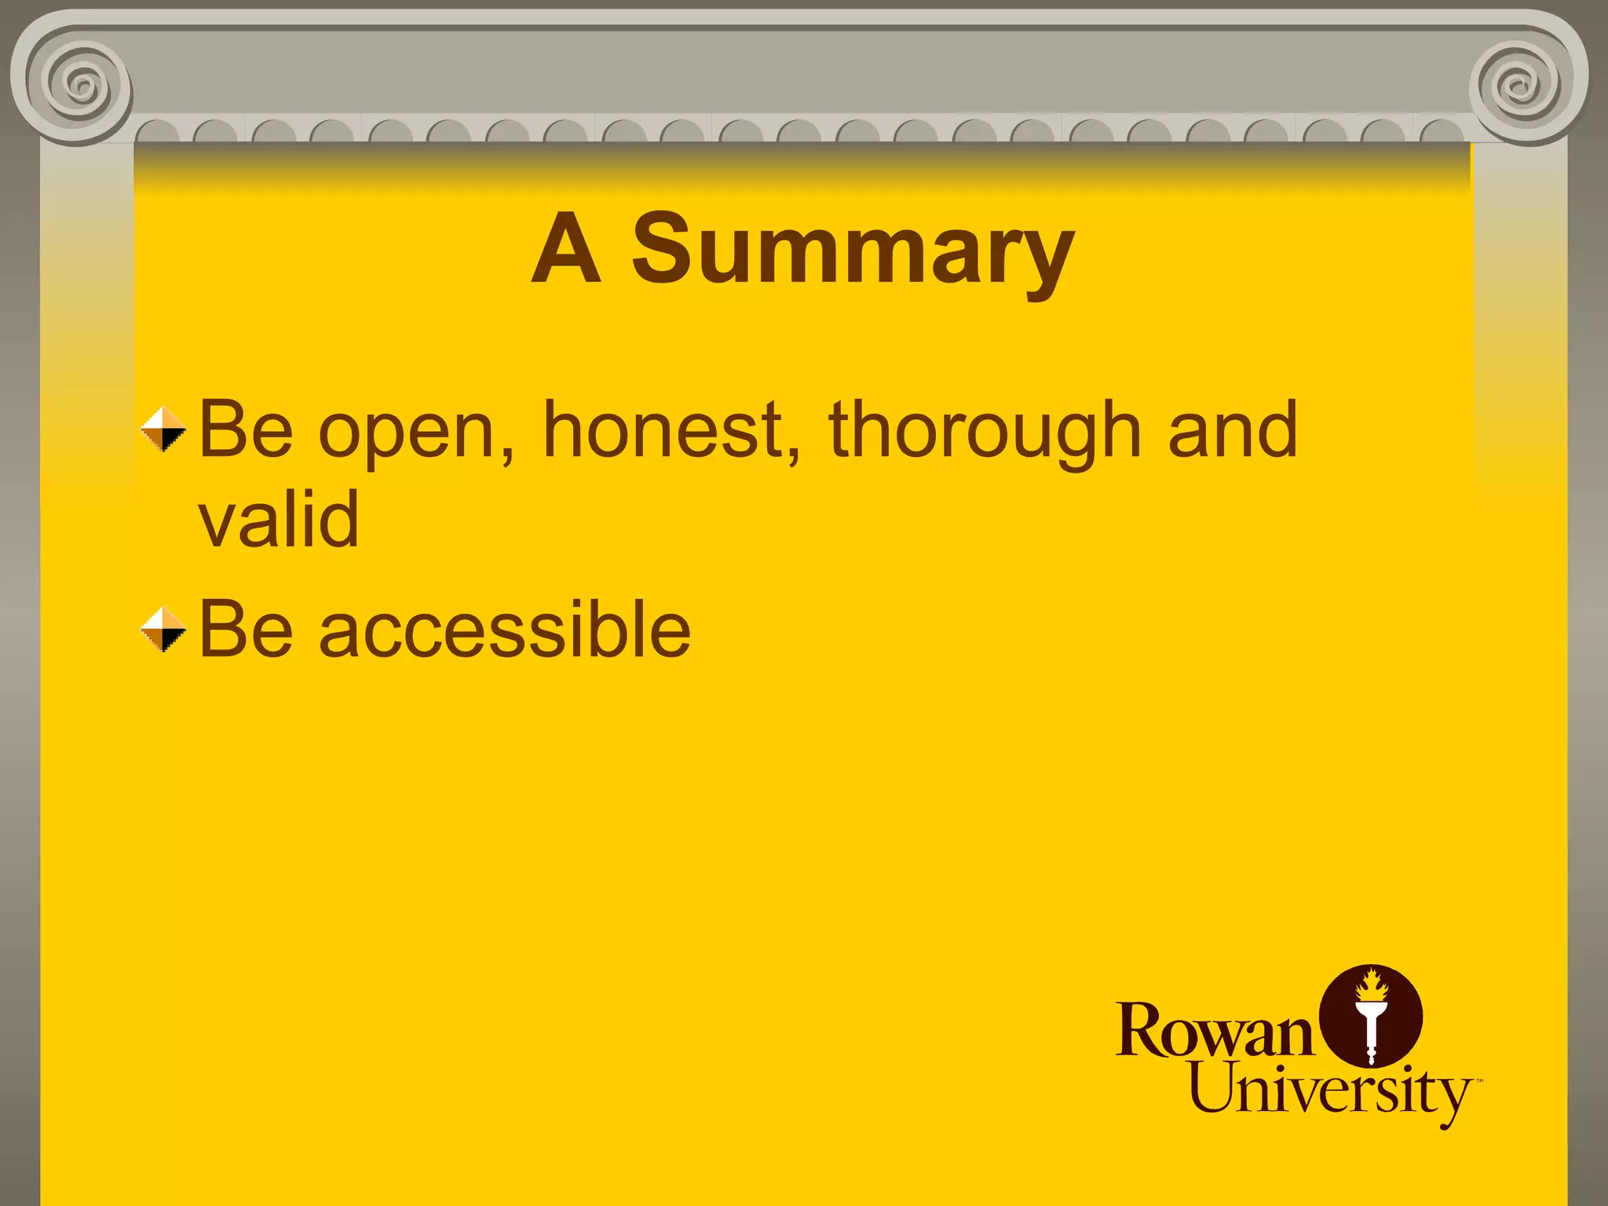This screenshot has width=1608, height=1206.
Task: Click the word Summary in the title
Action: (x=853, y=249)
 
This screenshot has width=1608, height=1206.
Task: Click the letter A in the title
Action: (x=566, y=250)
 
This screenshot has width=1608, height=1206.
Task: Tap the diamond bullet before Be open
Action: (x=163, y=429)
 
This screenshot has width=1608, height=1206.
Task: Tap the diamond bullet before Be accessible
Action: (x=163, y=630)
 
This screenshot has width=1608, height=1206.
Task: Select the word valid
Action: (x=279, y=519)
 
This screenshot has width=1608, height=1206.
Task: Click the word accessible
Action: (x=504, y=630)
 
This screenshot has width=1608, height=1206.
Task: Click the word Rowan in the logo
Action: (x=1214, y=1032)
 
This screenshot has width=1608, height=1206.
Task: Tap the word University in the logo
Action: (x=1330, y=1091)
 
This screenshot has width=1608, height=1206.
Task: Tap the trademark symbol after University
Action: (x=1479, y=1081)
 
